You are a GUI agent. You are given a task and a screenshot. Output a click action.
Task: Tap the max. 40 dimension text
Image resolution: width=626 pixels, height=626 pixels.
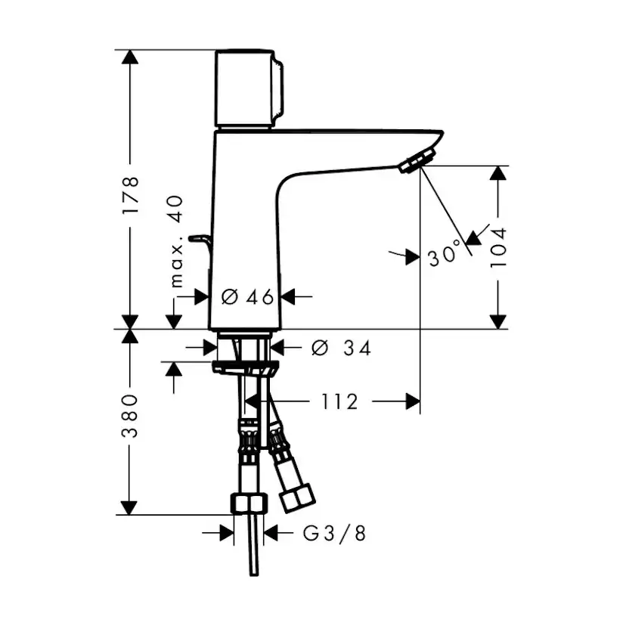click(x=176, y=240)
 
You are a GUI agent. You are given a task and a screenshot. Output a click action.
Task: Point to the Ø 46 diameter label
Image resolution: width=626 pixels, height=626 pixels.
click(x=247, y=297)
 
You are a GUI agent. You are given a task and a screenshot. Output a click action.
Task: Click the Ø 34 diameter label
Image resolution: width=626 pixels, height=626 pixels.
click(x=341, y=348)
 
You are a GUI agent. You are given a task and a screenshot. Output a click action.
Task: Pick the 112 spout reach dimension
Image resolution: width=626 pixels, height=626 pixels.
click(x=339, y=401)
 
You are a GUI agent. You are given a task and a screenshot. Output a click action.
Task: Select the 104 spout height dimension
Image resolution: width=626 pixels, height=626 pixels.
click(x=497, y=247)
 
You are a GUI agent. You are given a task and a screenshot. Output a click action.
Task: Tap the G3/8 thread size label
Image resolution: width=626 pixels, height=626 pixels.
click(x=335, y=534)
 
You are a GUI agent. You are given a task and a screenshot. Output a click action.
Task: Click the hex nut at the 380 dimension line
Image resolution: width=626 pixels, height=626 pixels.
click(x=248, y=504)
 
